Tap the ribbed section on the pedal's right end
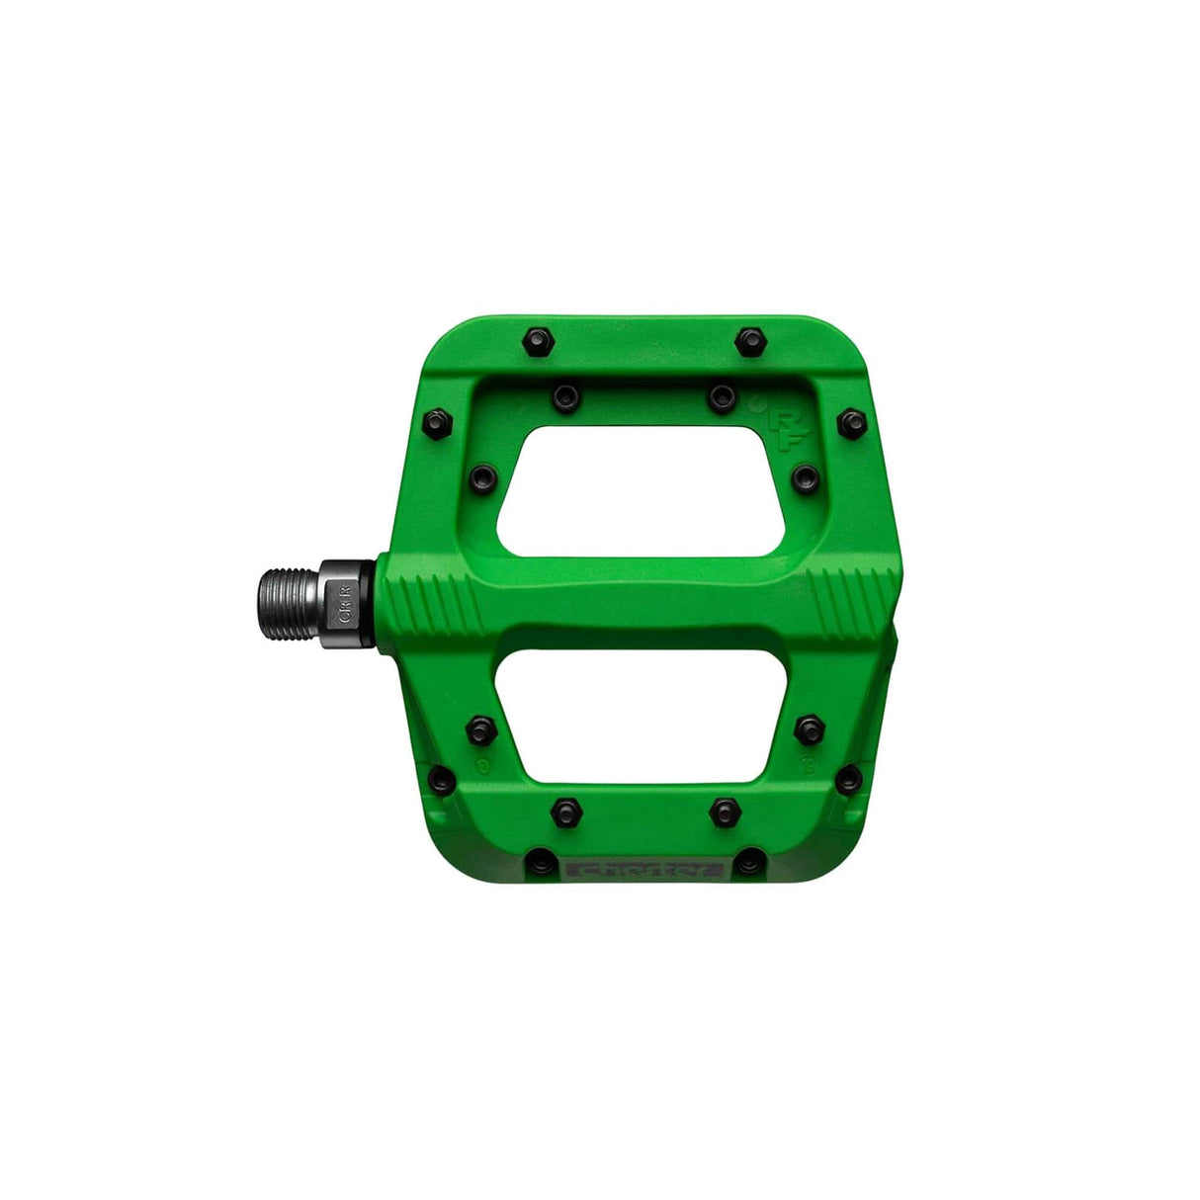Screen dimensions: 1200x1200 pos(840,600)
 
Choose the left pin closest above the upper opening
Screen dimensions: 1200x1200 pos(563,396)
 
